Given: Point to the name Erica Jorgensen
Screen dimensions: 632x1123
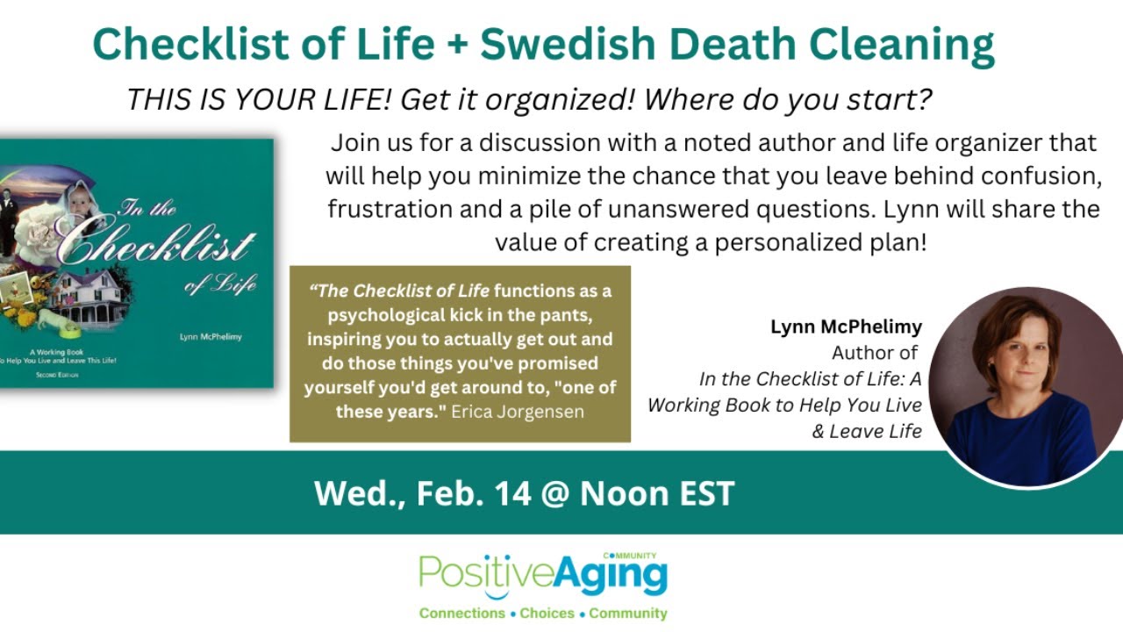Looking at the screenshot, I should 518,411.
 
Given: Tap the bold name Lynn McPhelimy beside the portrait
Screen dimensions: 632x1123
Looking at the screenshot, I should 846,327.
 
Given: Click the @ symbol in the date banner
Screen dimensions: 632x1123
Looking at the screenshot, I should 555,493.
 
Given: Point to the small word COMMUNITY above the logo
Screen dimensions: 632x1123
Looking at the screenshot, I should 630,556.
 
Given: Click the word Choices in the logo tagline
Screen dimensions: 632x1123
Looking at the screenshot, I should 547,614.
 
